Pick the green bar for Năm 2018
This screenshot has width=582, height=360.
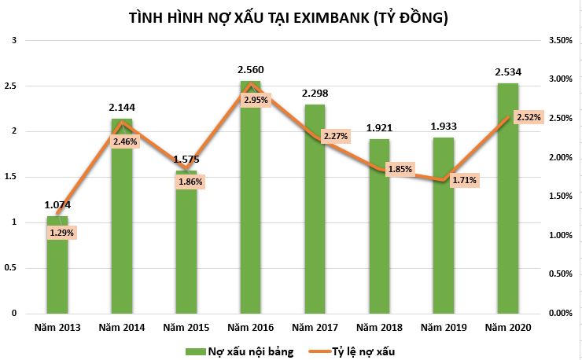pos(379,236)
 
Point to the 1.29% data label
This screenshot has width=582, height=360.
pos(61,233)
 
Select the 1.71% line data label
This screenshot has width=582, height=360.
pos(464,180)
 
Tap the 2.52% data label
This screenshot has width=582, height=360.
pos(528,117)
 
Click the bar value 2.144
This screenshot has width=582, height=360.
pos(122,106)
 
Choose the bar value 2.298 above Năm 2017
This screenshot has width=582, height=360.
pos(315,94)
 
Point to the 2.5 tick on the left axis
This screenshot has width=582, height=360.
pos(9,86)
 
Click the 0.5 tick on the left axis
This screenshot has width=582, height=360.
pos(9,267)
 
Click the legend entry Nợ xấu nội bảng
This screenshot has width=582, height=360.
pos(240,351)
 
